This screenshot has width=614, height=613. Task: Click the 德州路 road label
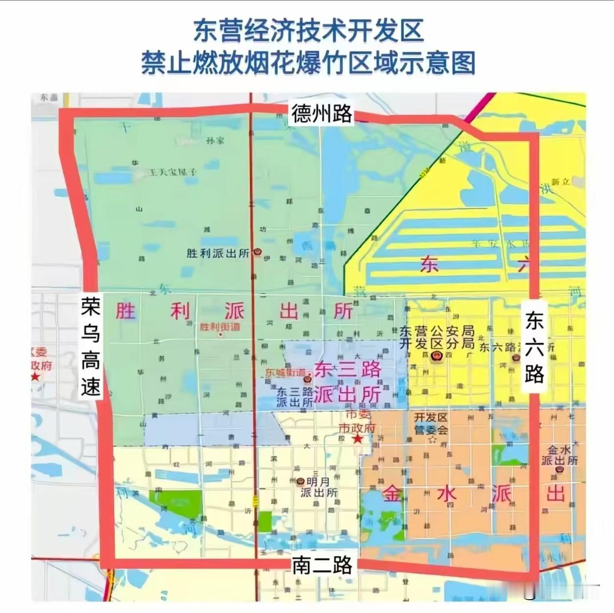pos(322,113)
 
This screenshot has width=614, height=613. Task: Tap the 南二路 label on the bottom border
pos(322,565)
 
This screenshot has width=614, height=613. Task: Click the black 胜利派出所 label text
pos(218,253)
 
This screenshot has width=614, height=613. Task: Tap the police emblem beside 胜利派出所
pos(258,253)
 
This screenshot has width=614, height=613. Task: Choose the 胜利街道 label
pos(220,327)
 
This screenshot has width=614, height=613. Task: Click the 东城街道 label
pos(285,372)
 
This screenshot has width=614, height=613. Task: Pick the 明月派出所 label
pos(319,487)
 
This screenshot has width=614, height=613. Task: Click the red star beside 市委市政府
pos(358,439)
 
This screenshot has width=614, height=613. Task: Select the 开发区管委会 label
pos(431,423)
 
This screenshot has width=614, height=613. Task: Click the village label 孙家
pos(215,141)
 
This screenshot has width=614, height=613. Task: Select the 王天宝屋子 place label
pos(172,172)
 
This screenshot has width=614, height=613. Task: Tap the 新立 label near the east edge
pos(560,182)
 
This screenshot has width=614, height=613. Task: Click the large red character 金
pos(393,493)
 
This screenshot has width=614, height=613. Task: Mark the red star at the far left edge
pos(35,376)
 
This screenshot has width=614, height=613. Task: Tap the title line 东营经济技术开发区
pos(308,30)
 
